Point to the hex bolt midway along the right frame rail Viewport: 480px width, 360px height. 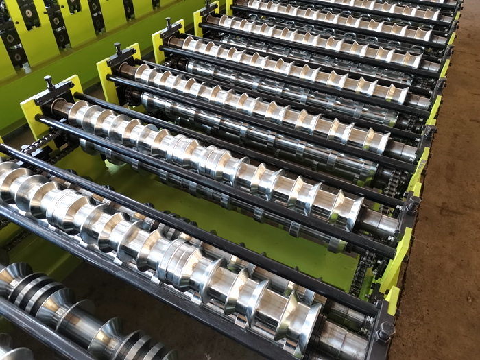coord(413,204)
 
